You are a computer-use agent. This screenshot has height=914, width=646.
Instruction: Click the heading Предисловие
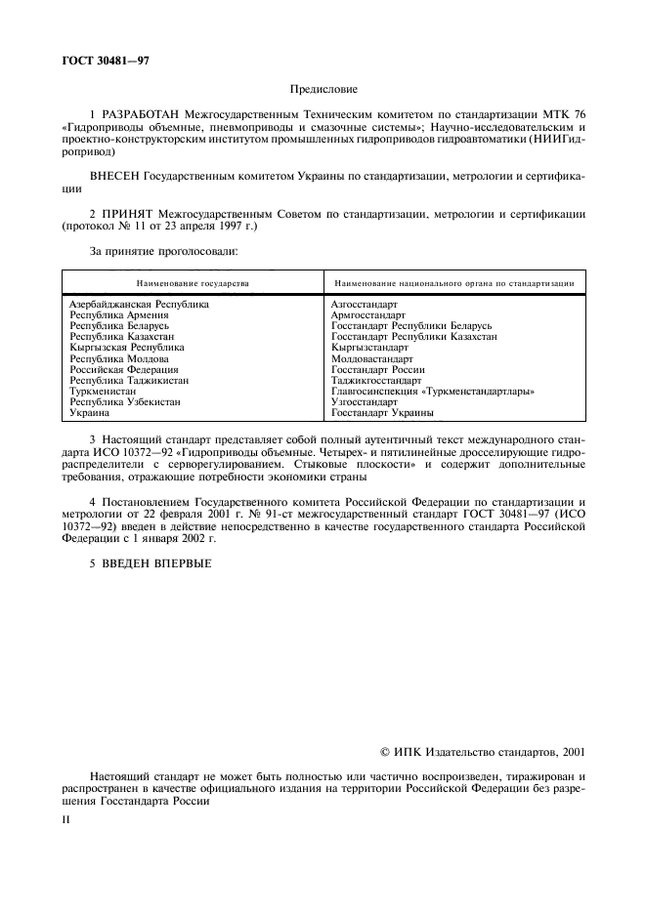click(323, 89)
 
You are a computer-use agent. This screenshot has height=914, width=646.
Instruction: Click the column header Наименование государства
click(193, 282)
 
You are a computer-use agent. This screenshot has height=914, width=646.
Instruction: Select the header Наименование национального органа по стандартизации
click(452, 282)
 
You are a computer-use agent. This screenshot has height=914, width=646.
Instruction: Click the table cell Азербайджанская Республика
click(139, 305)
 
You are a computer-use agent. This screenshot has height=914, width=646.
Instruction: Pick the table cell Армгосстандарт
click(368, 315)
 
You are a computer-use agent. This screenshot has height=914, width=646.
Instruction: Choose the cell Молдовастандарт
click(374, 358)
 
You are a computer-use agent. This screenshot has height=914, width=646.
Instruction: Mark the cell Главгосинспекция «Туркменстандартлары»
click(432, 392)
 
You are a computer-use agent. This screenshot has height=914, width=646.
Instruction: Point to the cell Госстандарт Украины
click(382, 413)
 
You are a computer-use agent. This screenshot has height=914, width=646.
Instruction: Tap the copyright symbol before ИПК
click(385, 753)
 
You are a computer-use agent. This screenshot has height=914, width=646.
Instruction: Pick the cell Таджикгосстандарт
click(376, 381)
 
